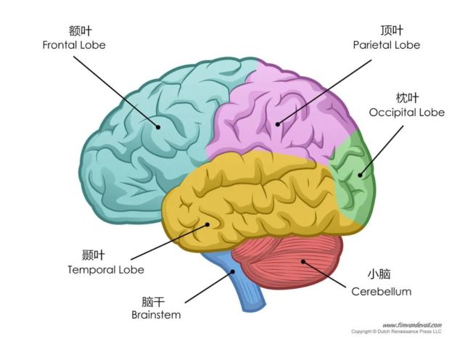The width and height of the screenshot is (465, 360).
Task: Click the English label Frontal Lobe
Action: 74,45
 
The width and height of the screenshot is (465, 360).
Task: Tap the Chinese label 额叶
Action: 74,31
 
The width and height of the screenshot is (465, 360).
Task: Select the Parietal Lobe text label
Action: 387,45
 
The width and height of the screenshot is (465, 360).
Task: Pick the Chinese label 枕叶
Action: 407,98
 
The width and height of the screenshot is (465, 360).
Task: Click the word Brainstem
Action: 156,315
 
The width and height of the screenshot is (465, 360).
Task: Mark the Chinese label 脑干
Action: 155,301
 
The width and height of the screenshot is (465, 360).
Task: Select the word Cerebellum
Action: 381,292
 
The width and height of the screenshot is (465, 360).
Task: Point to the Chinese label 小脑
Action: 379,275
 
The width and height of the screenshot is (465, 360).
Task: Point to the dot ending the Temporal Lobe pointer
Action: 207,224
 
